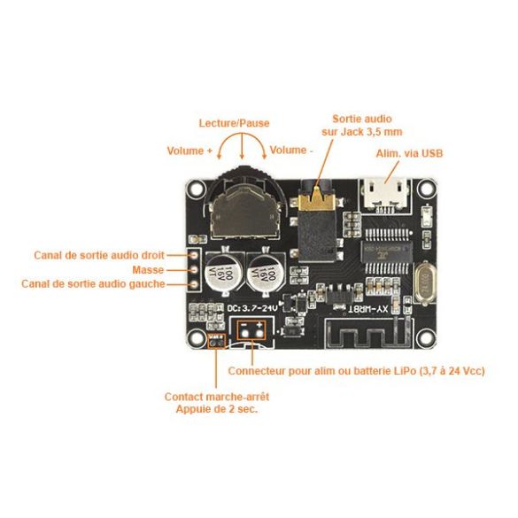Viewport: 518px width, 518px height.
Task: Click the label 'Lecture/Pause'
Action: (x=234, y=123)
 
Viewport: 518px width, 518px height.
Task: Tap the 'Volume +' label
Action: (x=189, y=151)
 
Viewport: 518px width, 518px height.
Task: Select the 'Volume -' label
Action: (x=291, y=151)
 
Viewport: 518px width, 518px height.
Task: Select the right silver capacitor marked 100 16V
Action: (x=264, y=269)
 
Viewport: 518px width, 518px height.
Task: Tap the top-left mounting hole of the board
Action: (x=194, y=189)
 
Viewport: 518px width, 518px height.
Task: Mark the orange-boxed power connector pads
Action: (x=251, y=329)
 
